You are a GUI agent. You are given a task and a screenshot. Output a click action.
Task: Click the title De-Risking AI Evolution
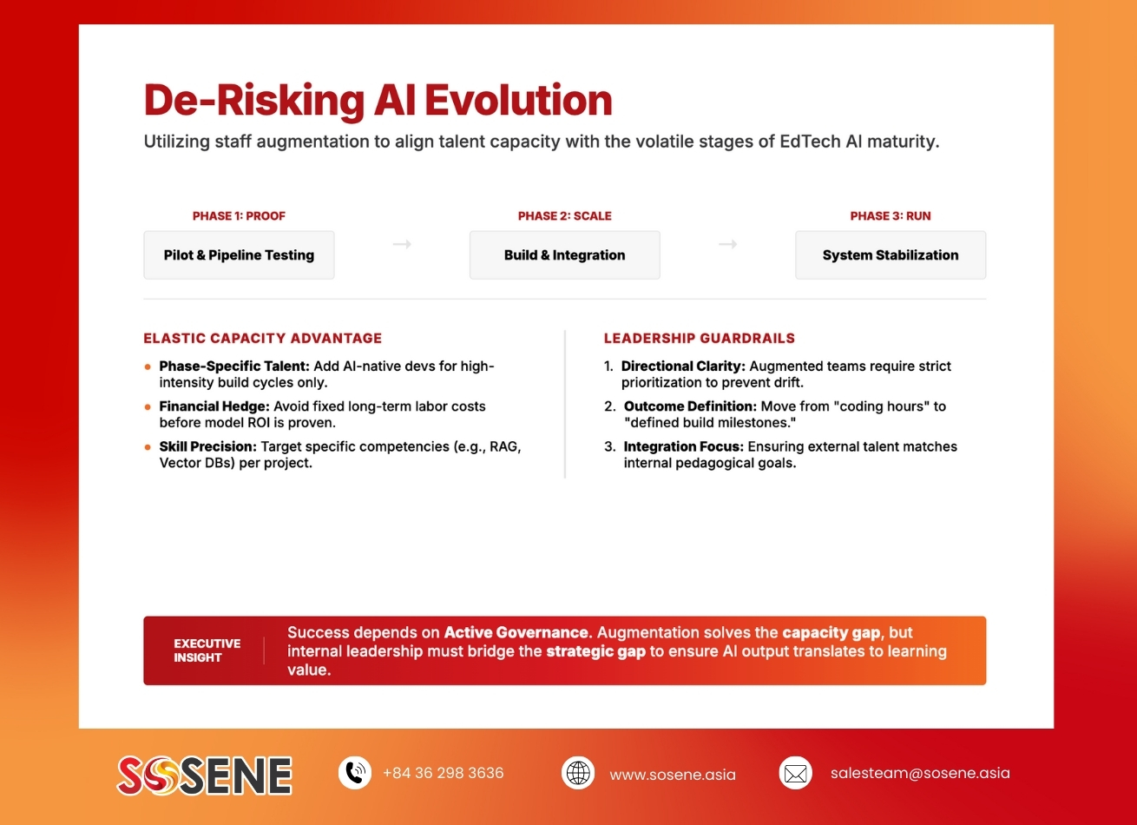click(378, 100)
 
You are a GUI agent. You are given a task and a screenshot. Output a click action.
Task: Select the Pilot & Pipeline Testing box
click(239, 255)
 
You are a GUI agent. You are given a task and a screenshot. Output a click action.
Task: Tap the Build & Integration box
click(564, 255)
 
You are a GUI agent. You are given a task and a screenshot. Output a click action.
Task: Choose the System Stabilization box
click(891, 255)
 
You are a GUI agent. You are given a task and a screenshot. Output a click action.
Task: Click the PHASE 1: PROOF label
click(239, 216)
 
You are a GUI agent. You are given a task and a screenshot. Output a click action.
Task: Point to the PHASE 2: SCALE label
click(564, 216)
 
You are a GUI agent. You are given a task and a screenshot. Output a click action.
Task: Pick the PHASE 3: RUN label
click(891, 216)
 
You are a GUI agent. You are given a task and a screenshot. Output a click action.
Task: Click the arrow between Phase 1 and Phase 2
click(402, 245)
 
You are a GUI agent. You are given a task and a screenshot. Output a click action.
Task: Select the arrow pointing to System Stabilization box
click(727, 245)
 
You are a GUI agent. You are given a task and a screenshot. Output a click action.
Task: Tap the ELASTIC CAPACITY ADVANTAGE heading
click(262, 339)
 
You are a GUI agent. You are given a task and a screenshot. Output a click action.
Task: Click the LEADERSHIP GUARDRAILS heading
click(699, 339)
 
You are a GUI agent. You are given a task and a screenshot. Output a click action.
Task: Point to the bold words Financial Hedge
click(214, 406)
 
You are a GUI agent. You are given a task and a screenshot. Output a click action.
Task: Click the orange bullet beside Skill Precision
click(148, 447)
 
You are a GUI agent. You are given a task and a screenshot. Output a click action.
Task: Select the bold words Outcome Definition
click(690, 406)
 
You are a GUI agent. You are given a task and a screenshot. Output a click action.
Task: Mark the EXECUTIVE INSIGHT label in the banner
click(207, 650)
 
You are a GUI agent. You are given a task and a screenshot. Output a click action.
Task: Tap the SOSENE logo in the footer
click(205, 775)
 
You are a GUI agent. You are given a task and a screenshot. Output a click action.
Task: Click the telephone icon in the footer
click(354, 773)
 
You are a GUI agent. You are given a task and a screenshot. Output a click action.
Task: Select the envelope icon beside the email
click(795, 773)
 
